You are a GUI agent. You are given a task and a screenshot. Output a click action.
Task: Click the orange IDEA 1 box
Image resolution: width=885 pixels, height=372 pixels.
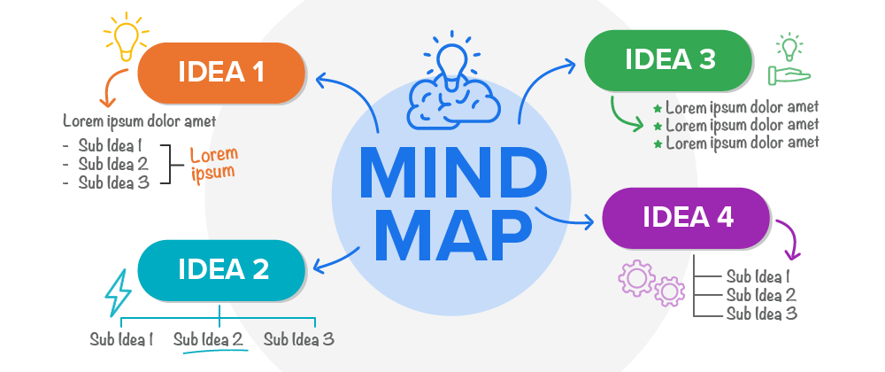[x=221, y=72]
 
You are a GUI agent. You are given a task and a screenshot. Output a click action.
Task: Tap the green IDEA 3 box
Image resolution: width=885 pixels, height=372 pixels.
[x=669, y=59]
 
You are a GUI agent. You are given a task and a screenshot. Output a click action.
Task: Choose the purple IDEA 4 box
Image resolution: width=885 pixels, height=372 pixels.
[x=687, y=217]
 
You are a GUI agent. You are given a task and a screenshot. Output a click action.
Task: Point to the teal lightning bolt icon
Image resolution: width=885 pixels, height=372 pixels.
[x=117, y=292]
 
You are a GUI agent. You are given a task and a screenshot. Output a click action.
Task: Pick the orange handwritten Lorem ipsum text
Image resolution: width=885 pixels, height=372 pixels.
[x=214, y=163]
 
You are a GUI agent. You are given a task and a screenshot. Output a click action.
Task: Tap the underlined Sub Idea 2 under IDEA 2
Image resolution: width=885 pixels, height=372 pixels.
[x=208, y=339]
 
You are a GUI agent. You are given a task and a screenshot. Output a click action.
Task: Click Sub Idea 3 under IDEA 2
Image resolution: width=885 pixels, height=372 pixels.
[x=298, y=339]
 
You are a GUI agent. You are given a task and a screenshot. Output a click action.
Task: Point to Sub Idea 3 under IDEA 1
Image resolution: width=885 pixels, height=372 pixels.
[x=113, y=182]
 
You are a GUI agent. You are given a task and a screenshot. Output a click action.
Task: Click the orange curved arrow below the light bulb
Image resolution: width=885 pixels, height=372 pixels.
[x=109, y=89]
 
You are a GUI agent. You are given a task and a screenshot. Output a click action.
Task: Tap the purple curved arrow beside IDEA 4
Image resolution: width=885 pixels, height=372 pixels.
[x=789, y=239]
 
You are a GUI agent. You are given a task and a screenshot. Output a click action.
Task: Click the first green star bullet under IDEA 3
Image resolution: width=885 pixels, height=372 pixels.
[x=658, y=108]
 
